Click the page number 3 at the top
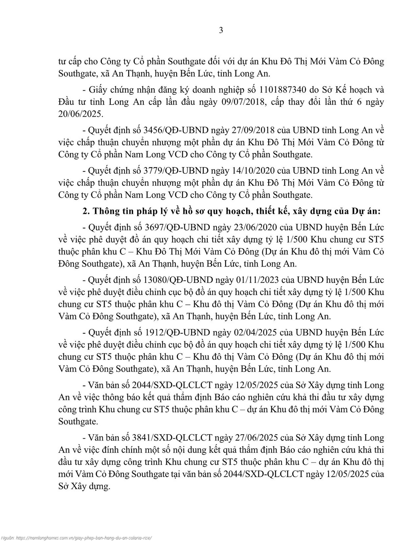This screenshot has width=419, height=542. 221,31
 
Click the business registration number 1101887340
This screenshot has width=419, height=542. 283,90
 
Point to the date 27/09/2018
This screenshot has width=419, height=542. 253,130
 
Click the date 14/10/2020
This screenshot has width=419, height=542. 253,170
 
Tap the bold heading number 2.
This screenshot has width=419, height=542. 86,211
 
